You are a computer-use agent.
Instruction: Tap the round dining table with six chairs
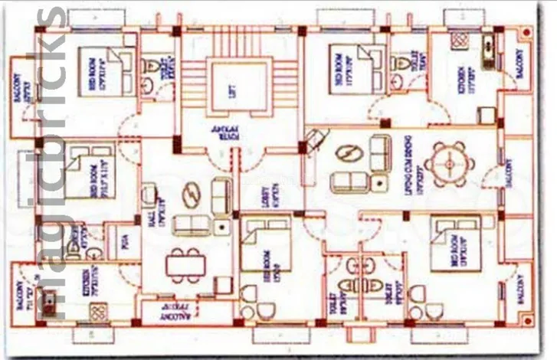447,163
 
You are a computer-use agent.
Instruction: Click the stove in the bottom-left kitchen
98,312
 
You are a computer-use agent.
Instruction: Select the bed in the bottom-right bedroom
455,243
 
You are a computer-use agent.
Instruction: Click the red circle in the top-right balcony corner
526,32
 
